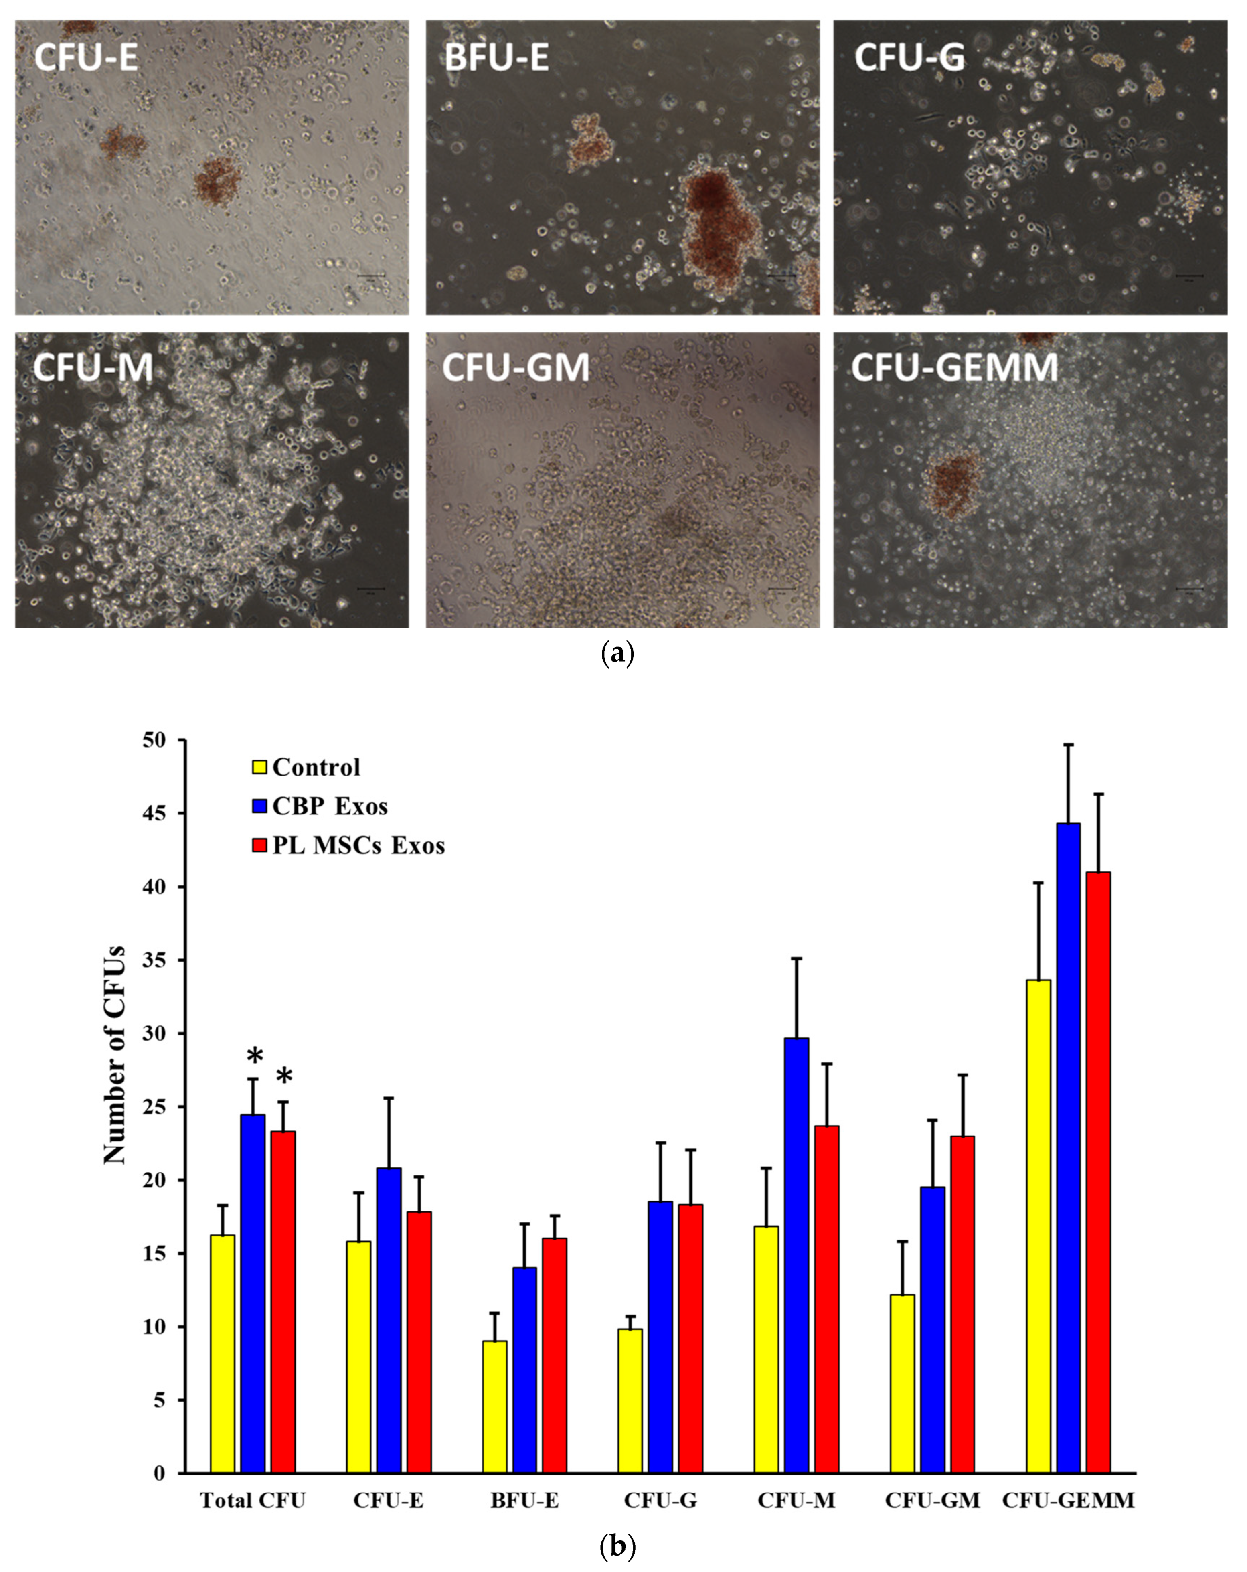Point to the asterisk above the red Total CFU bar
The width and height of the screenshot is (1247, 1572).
pyautogui.click(x=284, y=1077)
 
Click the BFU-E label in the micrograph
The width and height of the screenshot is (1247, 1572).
pyautogui.click(x=497, y=57)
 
